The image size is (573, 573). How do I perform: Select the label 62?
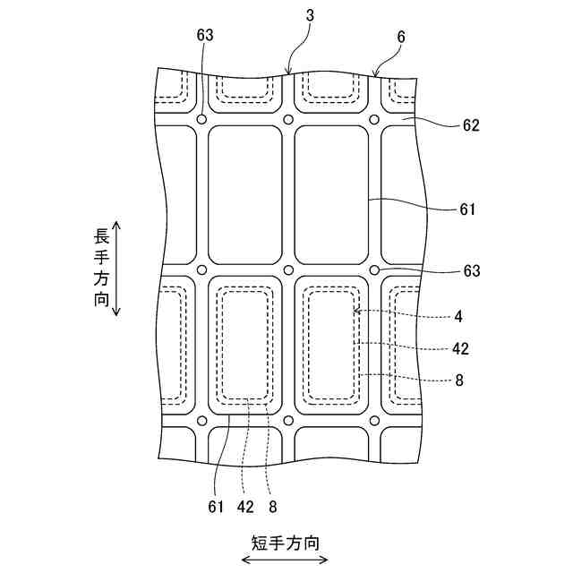[x=472, y=126]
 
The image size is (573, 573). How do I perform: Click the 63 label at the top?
[x=205, y=35]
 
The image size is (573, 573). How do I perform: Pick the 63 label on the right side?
[x=472, y=270]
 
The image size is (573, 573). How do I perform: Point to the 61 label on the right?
[x=466, y=210]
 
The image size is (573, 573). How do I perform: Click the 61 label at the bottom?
[x=215, y=506]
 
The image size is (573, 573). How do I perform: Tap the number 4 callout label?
[x=458, y=316]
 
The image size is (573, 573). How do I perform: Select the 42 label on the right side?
[x=461, y=348]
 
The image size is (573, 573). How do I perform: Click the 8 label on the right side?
[x=458, y=380]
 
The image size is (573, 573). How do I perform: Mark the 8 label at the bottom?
[x=272, y=506]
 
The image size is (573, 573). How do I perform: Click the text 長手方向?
[x=101, y=269]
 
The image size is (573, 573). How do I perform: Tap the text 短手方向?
[x=285, y=543]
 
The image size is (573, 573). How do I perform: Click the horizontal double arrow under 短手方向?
[x=285, y=560]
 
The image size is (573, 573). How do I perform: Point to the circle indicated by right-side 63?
[x=374, y=269]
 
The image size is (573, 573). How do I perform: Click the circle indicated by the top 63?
[x=202, y=120]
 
